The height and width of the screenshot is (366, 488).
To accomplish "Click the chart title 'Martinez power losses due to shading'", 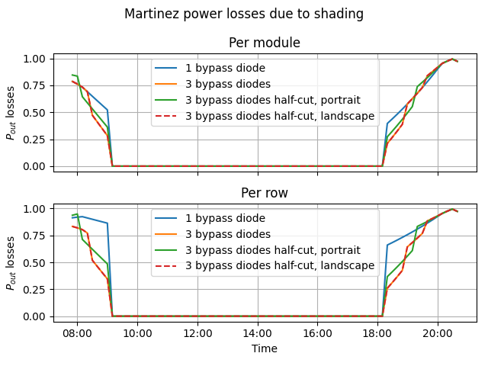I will point(244,14).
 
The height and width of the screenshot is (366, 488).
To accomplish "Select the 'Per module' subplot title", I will point(265,43).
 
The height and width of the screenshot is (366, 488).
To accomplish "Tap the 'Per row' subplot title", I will point(265,193).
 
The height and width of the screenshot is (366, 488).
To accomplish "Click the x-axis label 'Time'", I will point(265,348).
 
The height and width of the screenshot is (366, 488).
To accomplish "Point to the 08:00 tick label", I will point(77,333).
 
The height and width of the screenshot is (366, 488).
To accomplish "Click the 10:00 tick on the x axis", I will point(137,333).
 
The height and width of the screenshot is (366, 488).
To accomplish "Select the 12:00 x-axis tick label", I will point(197,333).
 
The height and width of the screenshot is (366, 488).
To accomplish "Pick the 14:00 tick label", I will point(257,333).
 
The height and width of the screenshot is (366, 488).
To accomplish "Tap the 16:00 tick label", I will point(317,333).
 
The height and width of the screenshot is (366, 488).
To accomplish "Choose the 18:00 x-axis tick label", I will point(377,333).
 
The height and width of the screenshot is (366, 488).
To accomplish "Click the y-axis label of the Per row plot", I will point(11,263).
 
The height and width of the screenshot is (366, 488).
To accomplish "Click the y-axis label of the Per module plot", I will point(11,113).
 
